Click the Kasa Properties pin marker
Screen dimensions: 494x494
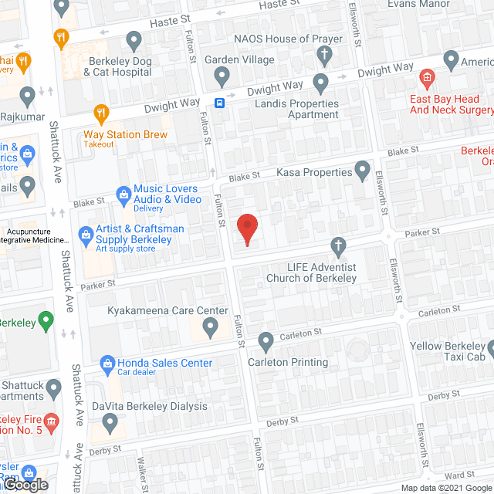point(362,170)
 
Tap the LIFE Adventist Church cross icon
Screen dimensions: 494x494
point(337,246)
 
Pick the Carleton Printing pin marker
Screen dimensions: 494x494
point(266,340)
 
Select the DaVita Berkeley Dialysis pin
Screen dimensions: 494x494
point(110,422)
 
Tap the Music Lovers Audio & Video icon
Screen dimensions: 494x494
point(121,194)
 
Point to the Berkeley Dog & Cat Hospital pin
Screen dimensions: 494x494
point(134,39)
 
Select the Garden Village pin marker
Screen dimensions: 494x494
point(222,76)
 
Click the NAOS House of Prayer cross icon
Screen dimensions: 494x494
point(324,56)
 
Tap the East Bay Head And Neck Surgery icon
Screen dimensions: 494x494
point(425,78)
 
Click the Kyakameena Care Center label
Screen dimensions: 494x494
point(167,311)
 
